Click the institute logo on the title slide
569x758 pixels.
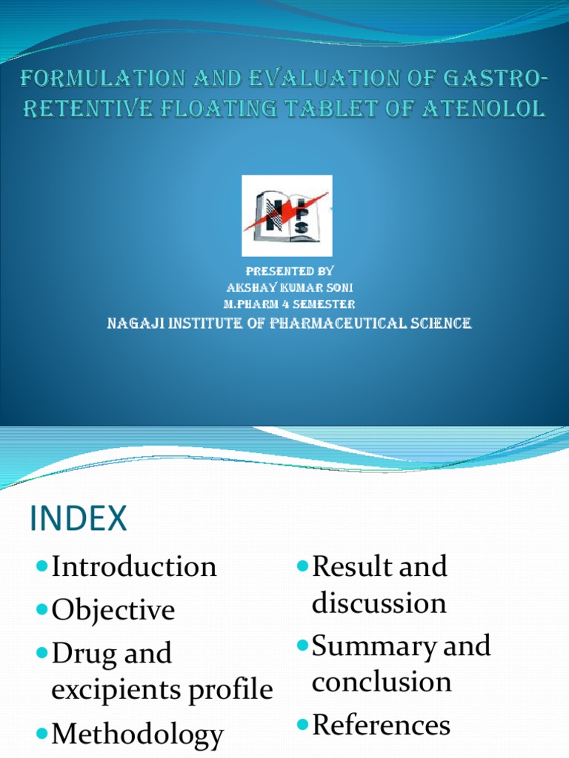coord(287,215)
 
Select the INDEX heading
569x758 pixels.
coord(79,519)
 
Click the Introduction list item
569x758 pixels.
coord(134,567)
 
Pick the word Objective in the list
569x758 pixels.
coord(113,610)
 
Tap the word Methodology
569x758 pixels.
coord(137,735)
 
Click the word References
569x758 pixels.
coord(382,725)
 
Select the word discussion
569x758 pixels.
coord(379,603)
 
